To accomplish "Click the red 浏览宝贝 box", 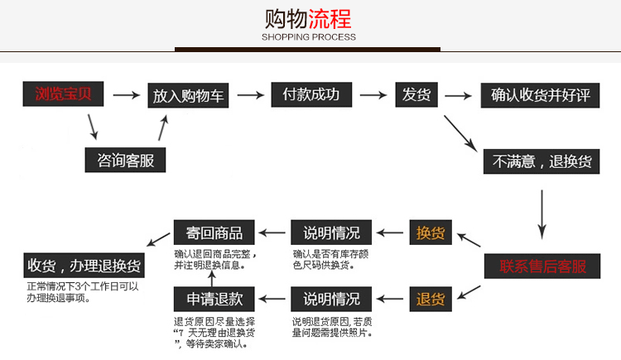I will [x=63, y=94].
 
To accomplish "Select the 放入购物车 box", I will [x=188, y=95].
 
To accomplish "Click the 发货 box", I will [x=416, y=94].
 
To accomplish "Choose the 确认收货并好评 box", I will [x=540, y=94].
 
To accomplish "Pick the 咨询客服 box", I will [x=126, y=159].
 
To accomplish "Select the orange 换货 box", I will [x=431, y=233].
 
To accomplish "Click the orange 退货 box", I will [x=431, y=298].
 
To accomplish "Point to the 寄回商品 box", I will [x=209, y=232].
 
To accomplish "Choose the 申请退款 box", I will [x=209, y=298].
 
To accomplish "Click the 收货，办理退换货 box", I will [x=84, y=266].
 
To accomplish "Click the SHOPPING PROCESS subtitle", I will [x=309, y=37].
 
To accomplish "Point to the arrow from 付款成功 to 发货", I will [x=371, y=95].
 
